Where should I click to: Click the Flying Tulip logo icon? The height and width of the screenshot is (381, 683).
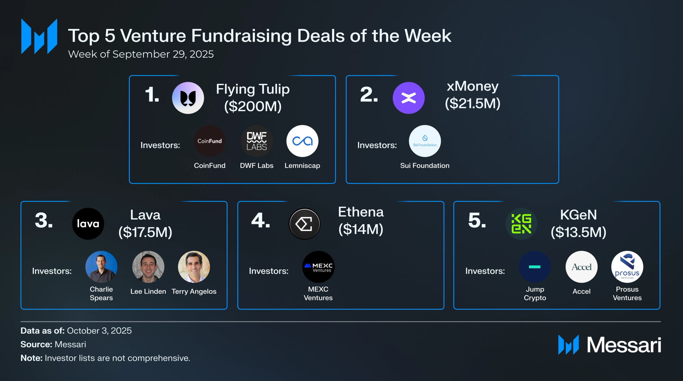(x=188, y=98)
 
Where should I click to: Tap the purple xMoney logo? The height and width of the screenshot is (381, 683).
(x=408, y=98)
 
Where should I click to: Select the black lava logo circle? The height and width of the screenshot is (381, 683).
(x=88, y=224)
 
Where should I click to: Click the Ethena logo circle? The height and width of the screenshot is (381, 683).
(x=304, y=224)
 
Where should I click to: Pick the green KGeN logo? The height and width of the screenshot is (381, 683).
(x=521, y=224)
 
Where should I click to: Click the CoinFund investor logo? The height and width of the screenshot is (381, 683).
(x=209, y=141)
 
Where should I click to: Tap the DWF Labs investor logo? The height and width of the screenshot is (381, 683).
(x=256, y=141)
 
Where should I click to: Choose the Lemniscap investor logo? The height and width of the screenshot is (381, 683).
(x=302, y=141)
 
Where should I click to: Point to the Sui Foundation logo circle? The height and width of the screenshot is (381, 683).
(x=425, y=141)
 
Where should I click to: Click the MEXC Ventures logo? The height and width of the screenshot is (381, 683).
(x=318, y=267)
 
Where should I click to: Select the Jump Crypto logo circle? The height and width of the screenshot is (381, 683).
(x=535, y=267)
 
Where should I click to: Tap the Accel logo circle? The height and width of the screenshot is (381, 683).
(x=581, y=267)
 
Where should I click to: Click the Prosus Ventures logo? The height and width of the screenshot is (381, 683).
(x=627, y=267)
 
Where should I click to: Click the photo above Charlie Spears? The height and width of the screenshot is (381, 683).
(x=101, y=267)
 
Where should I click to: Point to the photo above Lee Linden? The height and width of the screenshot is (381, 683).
(x=148, y=267)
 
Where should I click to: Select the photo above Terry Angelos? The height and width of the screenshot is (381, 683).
(x=194, y=267)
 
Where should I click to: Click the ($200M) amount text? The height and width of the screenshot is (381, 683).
(x=253, y=106)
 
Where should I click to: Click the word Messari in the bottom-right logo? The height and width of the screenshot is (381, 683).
(x=624, y=345)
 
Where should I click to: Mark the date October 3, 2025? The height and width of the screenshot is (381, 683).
(x=99, y=331)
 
